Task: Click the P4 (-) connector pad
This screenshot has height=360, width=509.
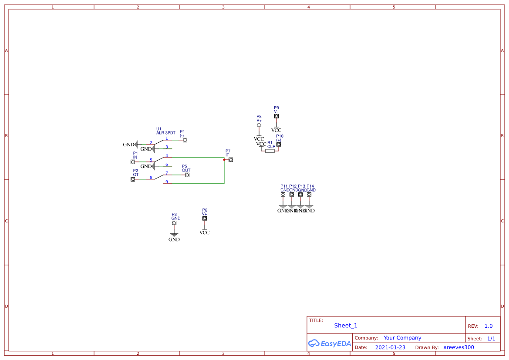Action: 185,140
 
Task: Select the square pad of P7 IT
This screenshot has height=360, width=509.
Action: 231,160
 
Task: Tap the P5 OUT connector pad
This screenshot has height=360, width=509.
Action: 187,175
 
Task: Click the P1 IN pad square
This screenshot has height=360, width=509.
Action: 133,162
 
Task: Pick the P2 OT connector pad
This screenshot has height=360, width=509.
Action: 133,179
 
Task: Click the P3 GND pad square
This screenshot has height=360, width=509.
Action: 174,223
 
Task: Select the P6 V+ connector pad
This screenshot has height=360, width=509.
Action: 205,219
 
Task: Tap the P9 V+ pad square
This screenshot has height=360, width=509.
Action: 276,116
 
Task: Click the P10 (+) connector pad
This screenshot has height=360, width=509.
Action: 279,145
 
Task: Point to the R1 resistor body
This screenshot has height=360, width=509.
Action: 270,151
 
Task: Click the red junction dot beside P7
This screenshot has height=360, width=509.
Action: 224,160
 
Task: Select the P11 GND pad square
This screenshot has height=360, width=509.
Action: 283,195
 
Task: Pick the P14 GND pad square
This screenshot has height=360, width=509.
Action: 309,195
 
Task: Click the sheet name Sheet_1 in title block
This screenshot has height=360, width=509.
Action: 346,326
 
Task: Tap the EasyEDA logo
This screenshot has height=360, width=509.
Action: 330,343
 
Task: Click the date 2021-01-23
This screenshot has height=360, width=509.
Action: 390,347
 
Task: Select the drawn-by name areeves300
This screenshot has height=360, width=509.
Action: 458,347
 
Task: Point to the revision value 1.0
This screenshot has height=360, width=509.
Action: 489,326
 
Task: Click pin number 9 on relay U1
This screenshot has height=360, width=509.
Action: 167,182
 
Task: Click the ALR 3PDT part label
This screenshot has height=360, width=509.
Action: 166,133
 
